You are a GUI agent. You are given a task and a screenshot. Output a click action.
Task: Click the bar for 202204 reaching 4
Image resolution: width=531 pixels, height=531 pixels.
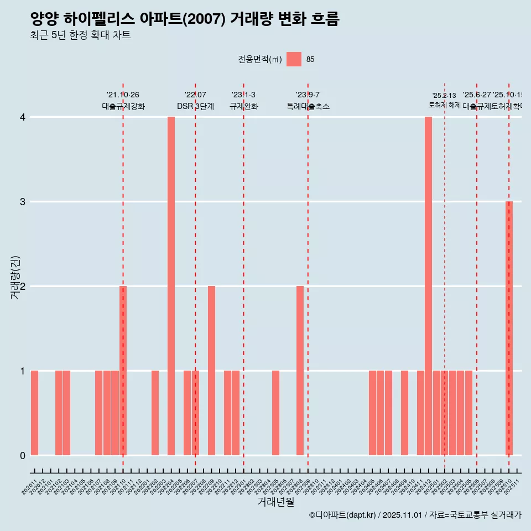coord(171,286)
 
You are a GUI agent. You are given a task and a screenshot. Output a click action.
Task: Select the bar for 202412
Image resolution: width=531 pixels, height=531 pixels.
coord(428,286)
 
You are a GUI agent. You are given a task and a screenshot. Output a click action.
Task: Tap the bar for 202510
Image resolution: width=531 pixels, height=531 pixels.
coord(509,328)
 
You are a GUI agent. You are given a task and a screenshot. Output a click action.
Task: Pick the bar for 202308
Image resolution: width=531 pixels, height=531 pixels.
coord(300,371)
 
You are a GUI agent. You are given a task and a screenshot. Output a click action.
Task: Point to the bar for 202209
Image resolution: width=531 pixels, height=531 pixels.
coord(211,371)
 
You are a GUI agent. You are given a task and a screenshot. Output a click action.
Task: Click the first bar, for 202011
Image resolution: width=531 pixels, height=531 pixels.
coord(34,413)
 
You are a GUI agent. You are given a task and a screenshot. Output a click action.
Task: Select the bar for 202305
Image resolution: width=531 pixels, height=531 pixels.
coord(275,413)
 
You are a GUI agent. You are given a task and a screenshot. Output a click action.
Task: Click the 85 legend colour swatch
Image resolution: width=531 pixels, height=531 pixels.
coord(294,59)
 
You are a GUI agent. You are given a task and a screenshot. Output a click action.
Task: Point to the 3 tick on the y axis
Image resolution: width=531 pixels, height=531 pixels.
coord(23,202)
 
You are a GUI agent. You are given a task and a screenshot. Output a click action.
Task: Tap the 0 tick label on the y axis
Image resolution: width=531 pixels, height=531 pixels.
coord(23,456)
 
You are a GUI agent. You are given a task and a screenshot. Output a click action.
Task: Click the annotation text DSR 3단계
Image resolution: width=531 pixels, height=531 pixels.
coord(195,106)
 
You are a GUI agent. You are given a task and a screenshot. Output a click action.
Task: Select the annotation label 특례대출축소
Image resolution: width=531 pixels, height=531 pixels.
coord(308,106)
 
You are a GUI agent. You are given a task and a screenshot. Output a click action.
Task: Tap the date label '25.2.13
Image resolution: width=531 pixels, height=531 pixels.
coord(444,96)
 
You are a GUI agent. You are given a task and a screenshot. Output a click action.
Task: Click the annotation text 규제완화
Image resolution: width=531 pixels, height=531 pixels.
coord(243,106)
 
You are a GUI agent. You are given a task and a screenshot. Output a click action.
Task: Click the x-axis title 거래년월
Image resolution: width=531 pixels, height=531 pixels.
coord(275,502)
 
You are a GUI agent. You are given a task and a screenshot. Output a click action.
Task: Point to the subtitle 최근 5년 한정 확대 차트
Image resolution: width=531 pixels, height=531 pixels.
coord(80,35)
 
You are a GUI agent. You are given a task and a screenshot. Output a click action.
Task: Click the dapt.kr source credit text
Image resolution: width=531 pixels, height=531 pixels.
coord(415,515)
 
